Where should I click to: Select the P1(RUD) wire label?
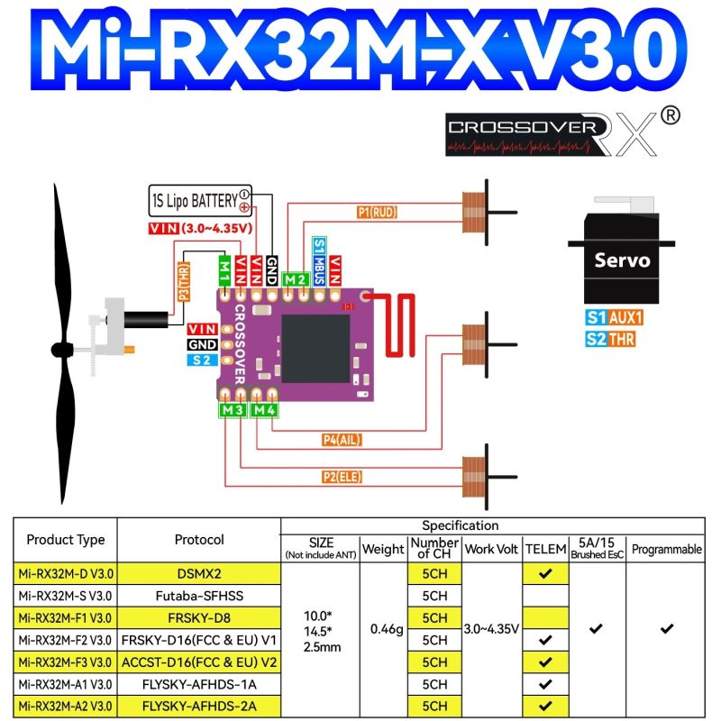coord(377,213)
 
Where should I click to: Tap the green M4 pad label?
coord(264,410)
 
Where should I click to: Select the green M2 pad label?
coord(295,279)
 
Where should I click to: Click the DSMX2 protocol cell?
coord(199,573)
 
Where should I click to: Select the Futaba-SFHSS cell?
coord(199,596)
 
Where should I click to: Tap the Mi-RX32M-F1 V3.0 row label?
coord(66,618)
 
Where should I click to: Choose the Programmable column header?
coord(666,549)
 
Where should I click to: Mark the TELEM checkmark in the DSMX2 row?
coord(544,573)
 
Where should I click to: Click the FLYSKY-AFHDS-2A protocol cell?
coord(199,706)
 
